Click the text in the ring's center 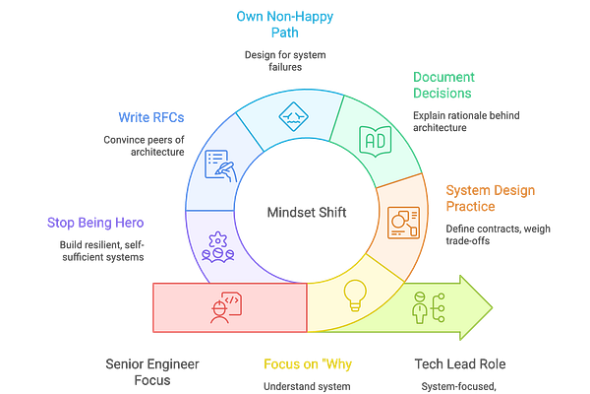click(294, 211)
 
